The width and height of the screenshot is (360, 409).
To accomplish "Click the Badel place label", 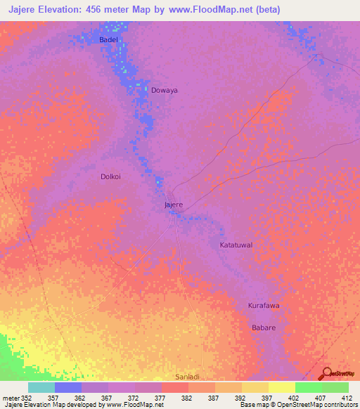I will click(108, 40).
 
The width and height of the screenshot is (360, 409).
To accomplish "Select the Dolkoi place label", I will click(110, 176).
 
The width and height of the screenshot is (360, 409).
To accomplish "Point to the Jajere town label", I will click(173, 204).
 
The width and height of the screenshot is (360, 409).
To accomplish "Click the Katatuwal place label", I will click(236, 245).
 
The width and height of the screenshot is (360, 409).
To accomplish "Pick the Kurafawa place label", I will click(264, 306).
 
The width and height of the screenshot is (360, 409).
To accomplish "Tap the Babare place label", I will click(264, 328).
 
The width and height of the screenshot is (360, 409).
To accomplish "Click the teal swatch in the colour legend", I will click(41, 387).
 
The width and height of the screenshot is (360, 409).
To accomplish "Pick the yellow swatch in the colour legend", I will click(281, 387).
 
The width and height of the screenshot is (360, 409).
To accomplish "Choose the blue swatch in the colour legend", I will click(68, 387).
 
